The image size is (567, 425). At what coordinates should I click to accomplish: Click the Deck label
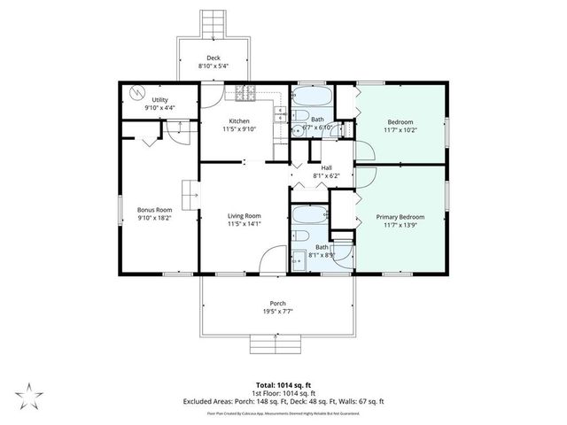point(213,58)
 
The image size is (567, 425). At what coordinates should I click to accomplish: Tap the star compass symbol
point(28,393)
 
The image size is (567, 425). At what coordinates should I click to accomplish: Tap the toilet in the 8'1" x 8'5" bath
point(299,237)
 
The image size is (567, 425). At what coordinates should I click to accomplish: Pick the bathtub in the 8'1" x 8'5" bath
point(310,215)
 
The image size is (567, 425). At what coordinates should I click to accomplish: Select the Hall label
point(326,167)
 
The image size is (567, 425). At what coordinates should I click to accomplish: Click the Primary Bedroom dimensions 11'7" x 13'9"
point(400,226)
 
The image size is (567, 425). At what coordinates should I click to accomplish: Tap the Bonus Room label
point(156,208)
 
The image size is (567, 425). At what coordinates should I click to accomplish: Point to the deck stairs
point(213,25)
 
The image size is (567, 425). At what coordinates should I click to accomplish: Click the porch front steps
point(276,344)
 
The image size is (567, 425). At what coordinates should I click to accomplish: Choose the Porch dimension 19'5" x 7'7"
point(276,312)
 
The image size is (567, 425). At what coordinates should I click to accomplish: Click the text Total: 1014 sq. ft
point(283,384)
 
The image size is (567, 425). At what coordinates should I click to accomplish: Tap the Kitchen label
point(239,121)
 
